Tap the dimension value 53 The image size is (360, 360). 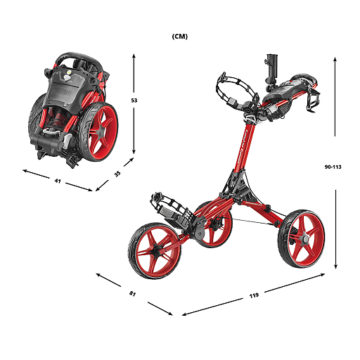134,101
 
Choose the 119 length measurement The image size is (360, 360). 254,295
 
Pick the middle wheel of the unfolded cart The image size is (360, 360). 214,224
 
